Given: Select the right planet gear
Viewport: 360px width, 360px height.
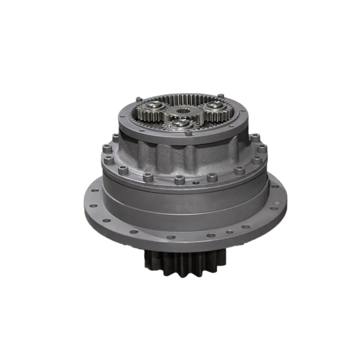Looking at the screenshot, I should pos(216,107).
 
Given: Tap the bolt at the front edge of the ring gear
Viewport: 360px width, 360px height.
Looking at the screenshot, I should pos(188,132).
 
